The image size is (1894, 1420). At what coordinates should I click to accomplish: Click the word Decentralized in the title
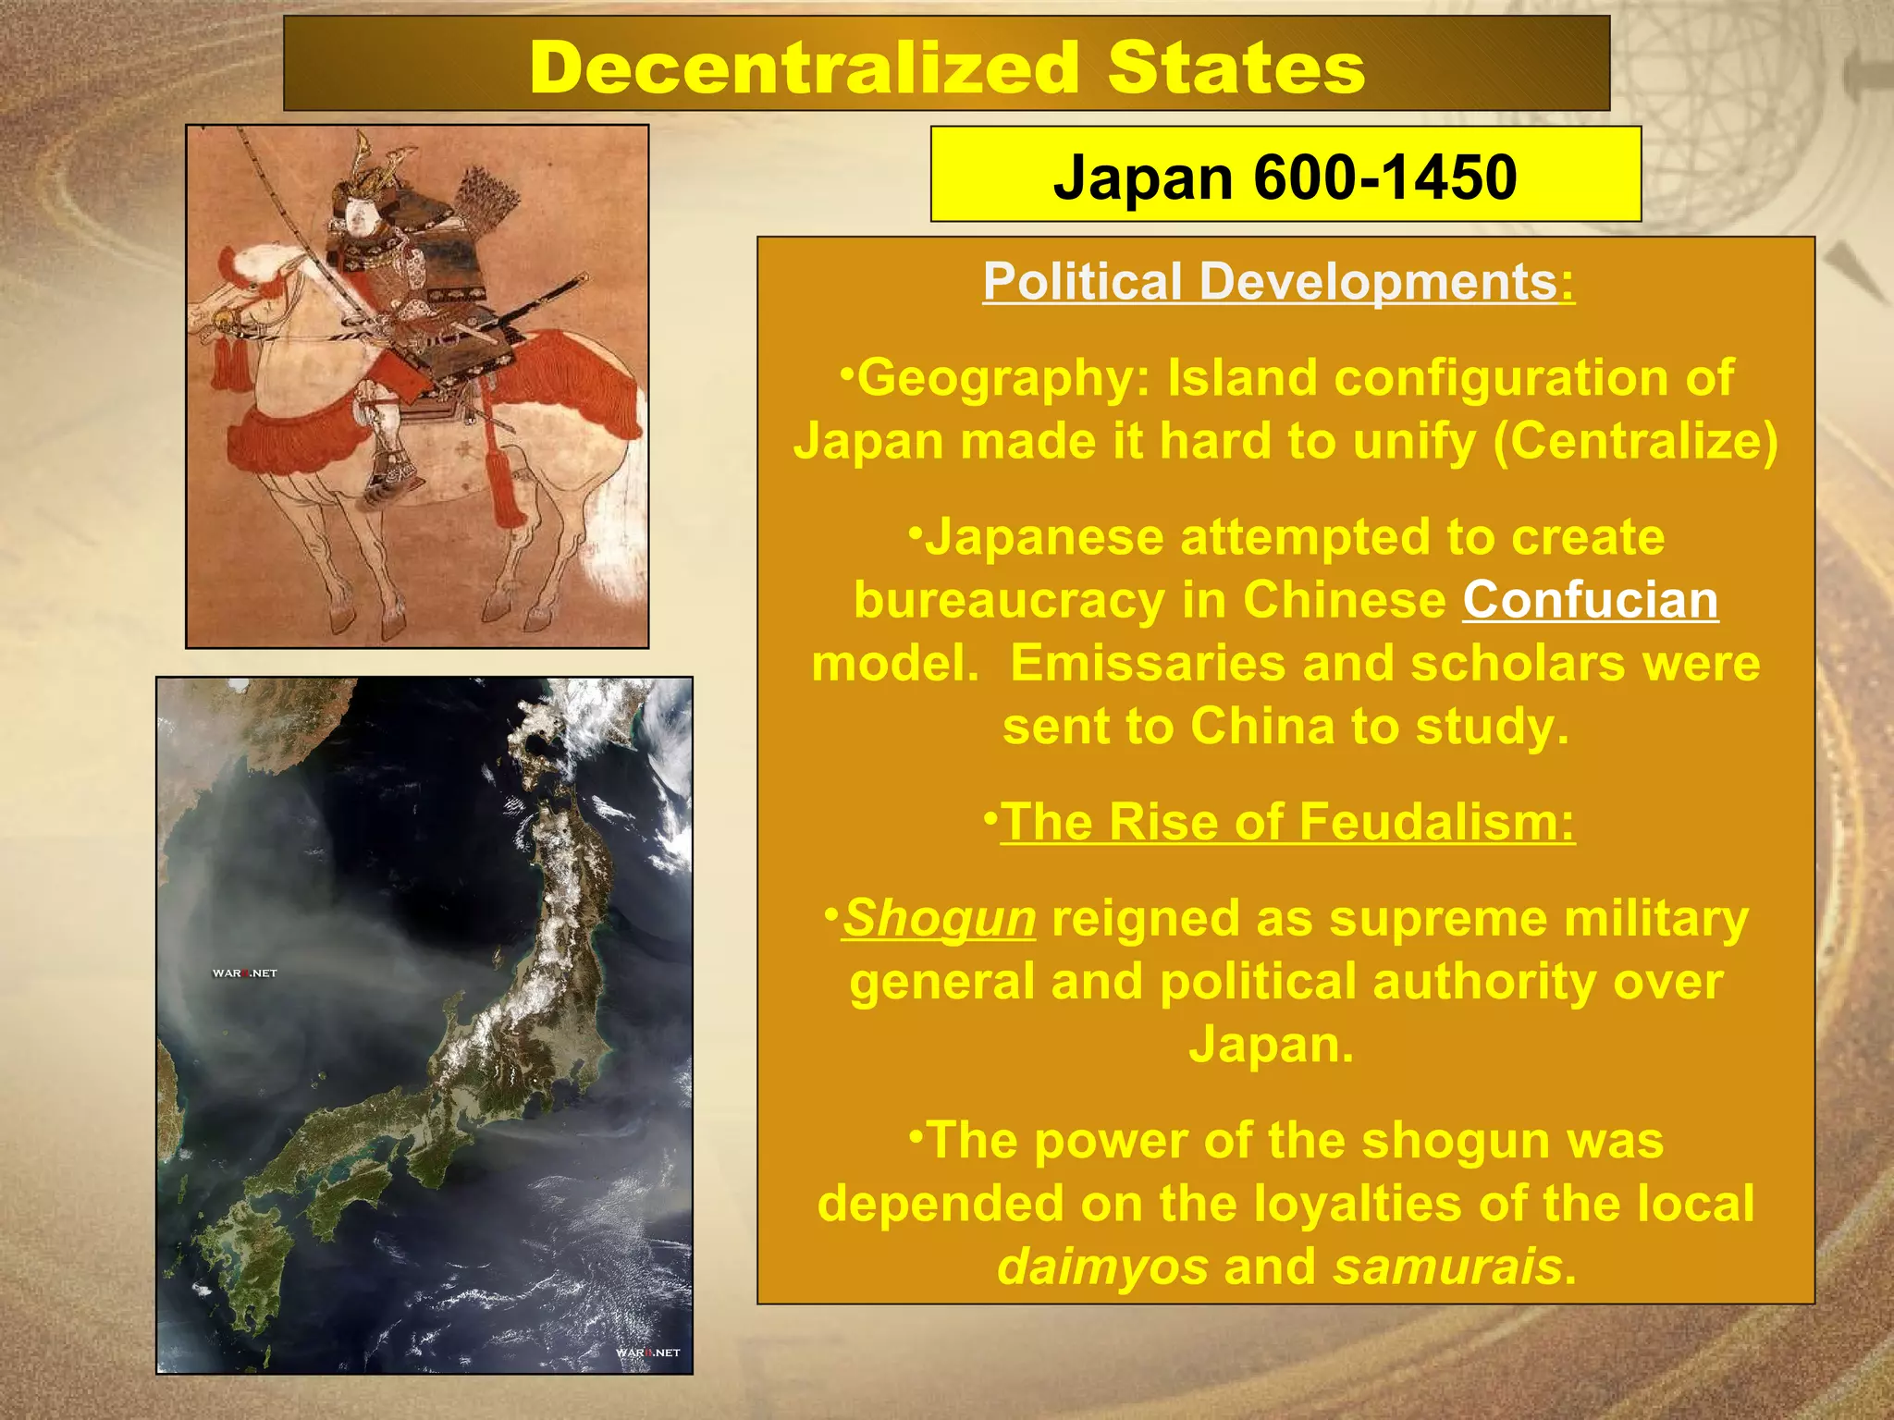(805, 68)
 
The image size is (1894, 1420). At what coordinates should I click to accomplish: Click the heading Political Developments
(1270, 281)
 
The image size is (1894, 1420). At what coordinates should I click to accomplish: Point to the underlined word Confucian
(1590, 600)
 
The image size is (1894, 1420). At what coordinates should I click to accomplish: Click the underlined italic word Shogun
(939, 918)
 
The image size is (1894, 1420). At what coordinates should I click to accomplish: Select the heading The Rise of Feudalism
(1287, 822)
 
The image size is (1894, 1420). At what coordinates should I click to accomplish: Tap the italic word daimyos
(1102, 1267)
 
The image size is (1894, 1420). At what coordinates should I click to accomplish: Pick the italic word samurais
(1448, 1267)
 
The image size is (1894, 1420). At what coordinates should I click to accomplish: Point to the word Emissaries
(1148, 663)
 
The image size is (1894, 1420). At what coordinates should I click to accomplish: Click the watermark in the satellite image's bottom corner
(647, 1353)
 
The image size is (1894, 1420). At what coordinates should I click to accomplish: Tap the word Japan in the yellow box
(1142, 177)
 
